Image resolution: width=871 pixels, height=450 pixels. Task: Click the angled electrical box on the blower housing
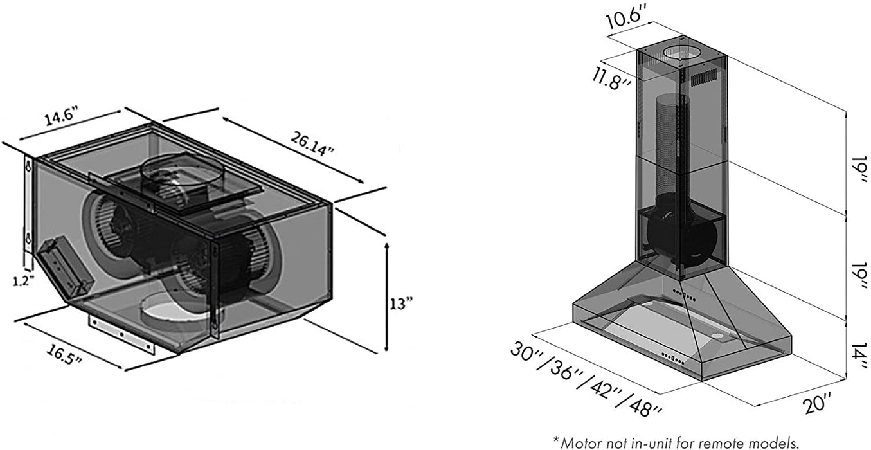tap(63, 266)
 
